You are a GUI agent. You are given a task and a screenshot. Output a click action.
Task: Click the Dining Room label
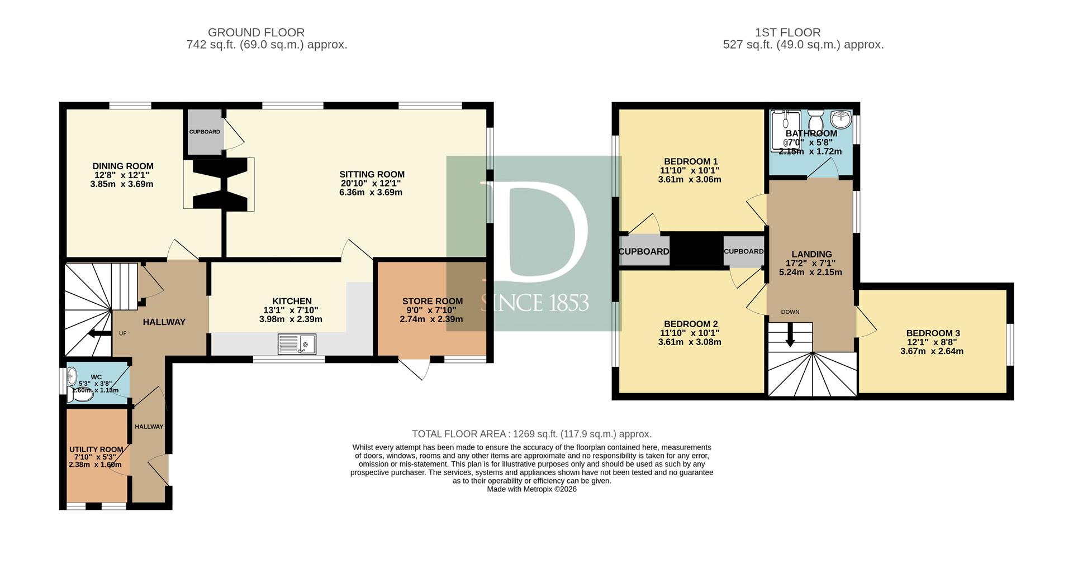click(x=123, y=166)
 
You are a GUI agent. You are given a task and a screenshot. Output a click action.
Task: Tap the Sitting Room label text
click(x=372, y=174)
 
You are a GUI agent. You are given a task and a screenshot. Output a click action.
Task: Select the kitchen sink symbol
click(x=297, y=345)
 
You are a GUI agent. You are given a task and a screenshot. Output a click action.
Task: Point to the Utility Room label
click(x=96, y=450)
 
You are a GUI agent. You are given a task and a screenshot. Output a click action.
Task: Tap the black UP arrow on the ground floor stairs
click(x=100, y=334)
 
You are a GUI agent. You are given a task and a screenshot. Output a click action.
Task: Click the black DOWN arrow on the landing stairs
click(x=790, y=336)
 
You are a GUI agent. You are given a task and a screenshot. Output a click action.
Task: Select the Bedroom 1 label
click(x=691, y=161)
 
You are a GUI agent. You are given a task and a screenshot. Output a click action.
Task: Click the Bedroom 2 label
click(x=691, y=324)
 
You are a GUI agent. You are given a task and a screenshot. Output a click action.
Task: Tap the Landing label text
click(x=812, y=254)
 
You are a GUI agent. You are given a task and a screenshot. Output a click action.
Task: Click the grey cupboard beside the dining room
click(x=205, y=132)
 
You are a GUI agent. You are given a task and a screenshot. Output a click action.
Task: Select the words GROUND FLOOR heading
click(x=256, y=32)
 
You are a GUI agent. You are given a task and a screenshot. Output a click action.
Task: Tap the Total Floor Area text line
click(x=531, y=434)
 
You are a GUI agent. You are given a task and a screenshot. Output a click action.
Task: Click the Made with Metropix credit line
click(x=531, y=489)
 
